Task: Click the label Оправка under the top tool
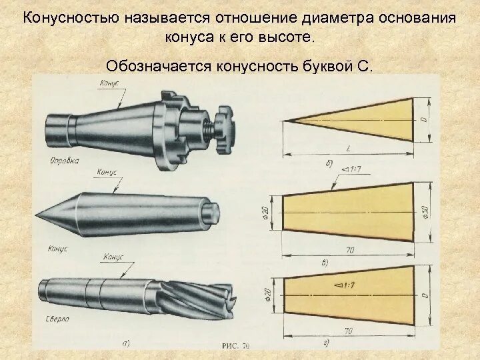point(64,161)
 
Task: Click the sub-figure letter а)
point(125,343)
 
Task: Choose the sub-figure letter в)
point(325,262)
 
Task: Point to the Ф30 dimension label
point(425,213)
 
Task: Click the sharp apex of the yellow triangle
point(286,121)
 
